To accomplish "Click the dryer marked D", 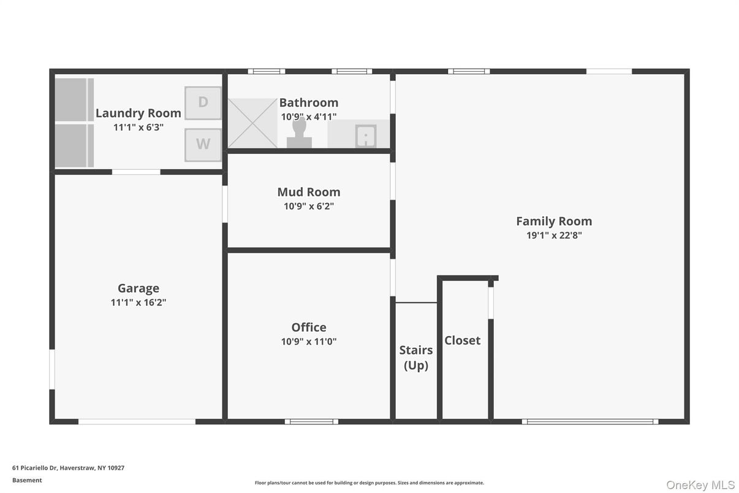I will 203,102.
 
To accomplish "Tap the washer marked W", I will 203,145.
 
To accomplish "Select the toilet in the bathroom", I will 299,133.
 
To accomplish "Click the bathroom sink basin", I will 366,136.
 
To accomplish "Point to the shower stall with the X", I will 253,123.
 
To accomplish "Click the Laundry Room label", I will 138,113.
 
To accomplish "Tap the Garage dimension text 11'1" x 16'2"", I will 138,302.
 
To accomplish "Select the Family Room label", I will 554,221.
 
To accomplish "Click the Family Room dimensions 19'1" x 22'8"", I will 554,235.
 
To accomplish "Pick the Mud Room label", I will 309,192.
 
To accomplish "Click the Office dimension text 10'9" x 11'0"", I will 309,342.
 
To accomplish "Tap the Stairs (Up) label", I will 416,357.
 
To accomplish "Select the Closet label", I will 463,340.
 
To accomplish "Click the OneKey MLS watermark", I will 700,484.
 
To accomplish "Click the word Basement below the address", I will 27,480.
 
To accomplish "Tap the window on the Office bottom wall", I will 312,421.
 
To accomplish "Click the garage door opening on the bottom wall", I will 137,421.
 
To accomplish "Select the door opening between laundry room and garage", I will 136,172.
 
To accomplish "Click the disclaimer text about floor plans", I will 369,483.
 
